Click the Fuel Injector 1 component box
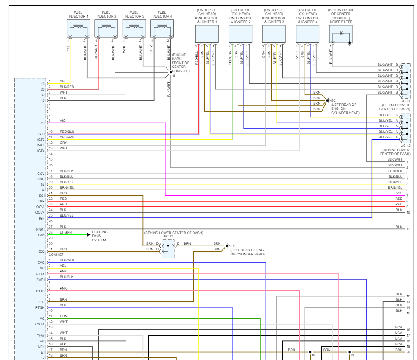(79, 29)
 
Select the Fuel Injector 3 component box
(134, 29)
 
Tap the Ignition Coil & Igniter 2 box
(240, 34)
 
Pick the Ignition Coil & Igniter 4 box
(307, 34)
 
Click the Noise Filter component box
(341, 34)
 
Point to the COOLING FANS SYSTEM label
(100, 236)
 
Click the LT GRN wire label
(66, 232)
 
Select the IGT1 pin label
(41, 134)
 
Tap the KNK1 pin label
(41, 229)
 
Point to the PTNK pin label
(40, 307)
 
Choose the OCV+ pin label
(40, 212)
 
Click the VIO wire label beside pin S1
(63, 121)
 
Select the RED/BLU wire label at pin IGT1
(67, 132)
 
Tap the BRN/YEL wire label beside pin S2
(67, 187)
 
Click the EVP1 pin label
(41, 279)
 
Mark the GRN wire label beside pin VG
(63, 316)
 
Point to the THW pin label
(41, 336)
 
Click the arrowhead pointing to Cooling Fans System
(88, 234)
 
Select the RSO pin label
(41, 179)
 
